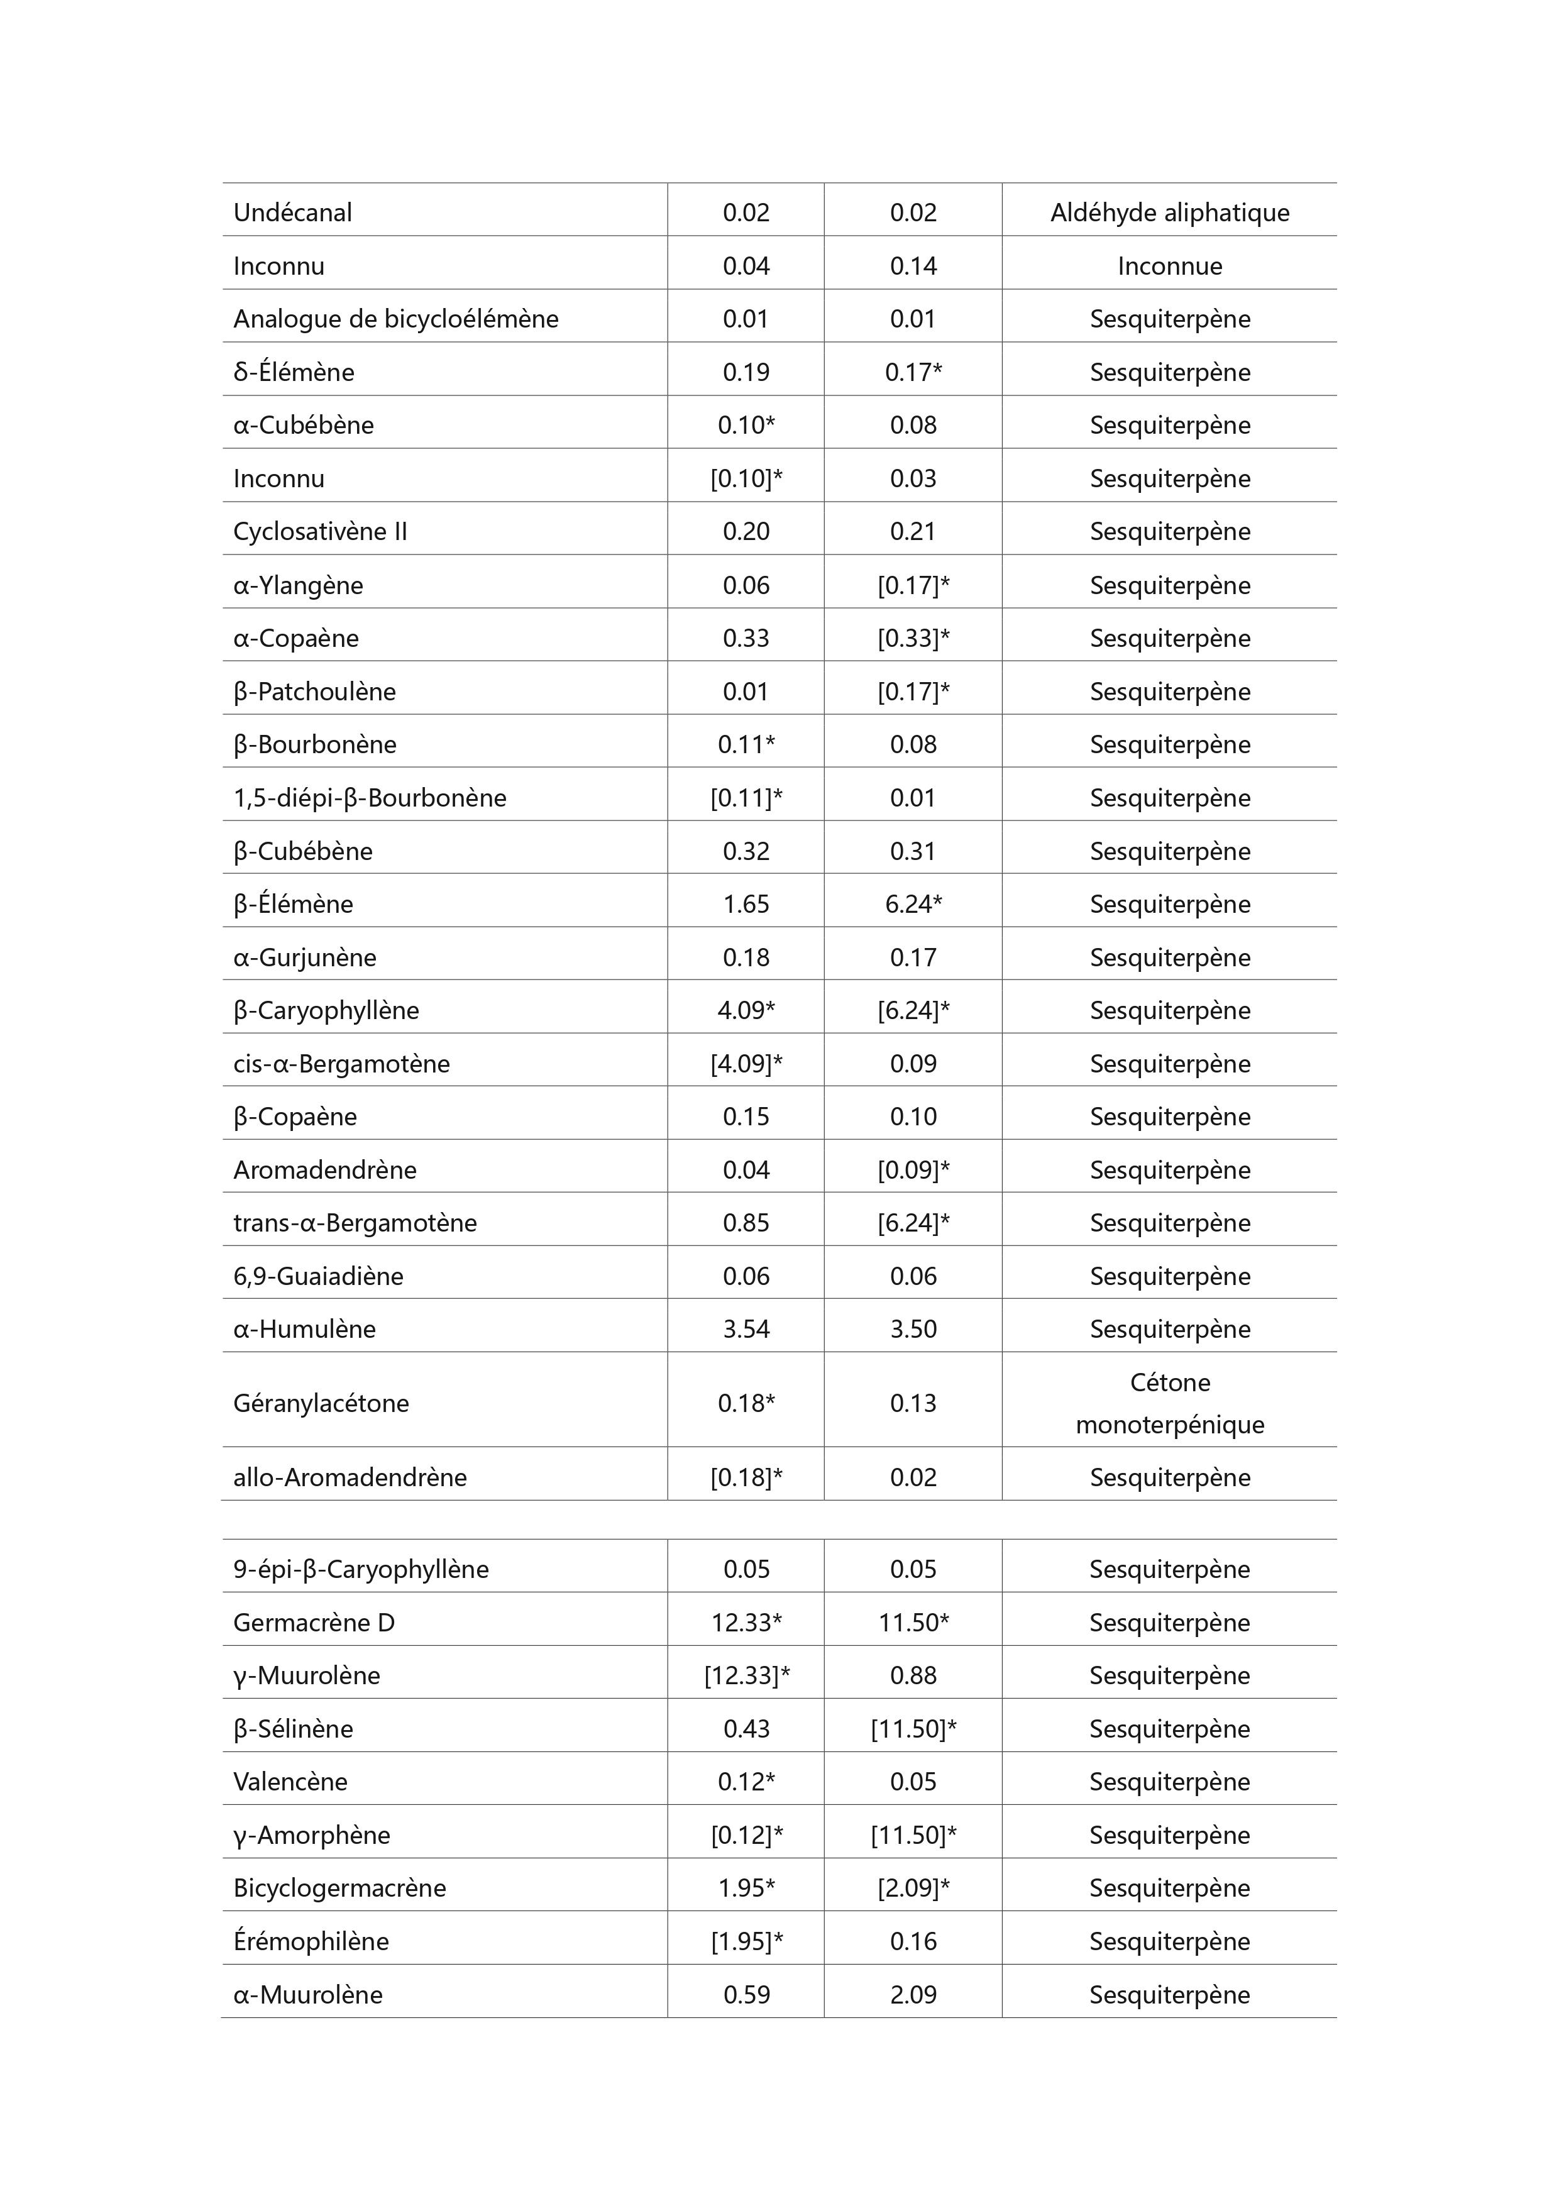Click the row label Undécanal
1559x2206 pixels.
tap(292, 212)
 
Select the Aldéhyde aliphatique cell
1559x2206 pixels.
tap(1169, 212)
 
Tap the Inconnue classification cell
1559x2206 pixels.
tap(1169, 266)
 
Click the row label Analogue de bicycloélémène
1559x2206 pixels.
tap(396, 319)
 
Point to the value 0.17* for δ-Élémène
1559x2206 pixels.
tap(913, 372)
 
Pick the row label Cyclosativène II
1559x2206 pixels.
tap(320, 531)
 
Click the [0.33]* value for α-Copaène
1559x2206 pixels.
tap(913, 638)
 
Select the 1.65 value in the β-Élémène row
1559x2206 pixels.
tap(746, 904)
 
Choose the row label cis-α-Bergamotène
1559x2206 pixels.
tap(341, 1064)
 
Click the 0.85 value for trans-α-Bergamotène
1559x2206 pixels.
tap(746, 1223)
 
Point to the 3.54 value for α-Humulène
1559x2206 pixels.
tap(746, 1329)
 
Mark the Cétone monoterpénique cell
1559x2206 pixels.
tap(1169, 1403)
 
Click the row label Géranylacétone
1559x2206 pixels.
tap(321, 1403)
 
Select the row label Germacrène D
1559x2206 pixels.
tap(314, 1623)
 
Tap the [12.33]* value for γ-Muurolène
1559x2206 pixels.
tap(746, 1675)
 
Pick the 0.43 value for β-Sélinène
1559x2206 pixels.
tap(746, 1728)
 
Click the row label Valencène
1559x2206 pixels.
tap(290, 1781)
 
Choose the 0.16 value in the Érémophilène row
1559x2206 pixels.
tap(913, 1941)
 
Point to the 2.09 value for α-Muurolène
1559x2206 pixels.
tap(913, 1995)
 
